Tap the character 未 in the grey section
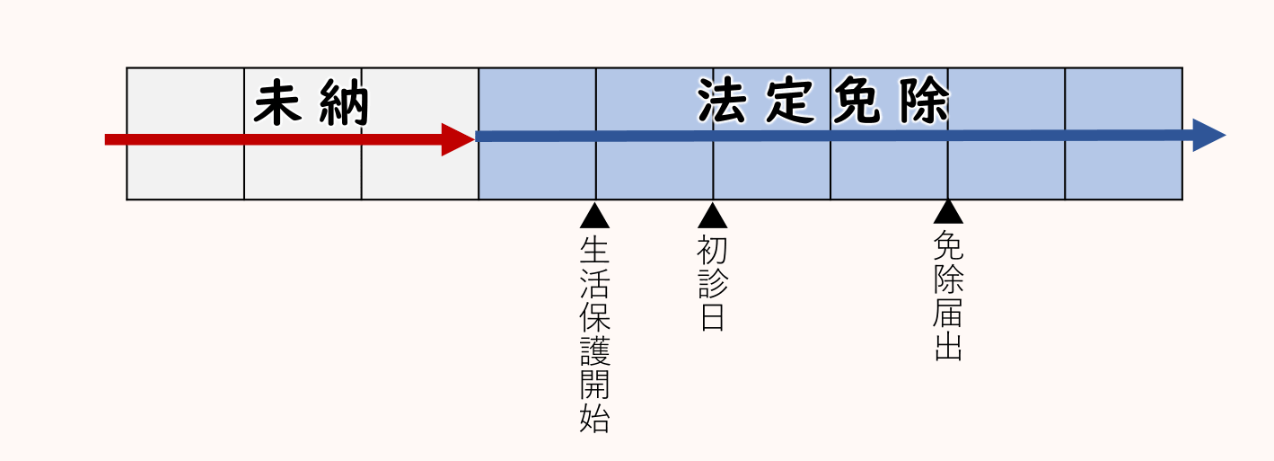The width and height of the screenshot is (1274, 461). [277, 104]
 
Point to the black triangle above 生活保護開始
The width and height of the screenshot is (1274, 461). [594, 216]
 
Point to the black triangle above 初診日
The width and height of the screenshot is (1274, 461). [712, 216]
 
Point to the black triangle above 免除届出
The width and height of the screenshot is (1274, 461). [948, 212]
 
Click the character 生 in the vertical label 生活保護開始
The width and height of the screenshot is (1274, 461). [594, 249]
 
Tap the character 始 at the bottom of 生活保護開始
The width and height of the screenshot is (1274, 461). [594, 420]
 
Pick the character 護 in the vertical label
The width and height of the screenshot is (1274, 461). [594, 351]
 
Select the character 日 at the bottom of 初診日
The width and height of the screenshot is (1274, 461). [712, 317]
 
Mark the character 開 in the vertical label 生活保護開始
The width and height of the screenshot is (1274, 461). [594, 386]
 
